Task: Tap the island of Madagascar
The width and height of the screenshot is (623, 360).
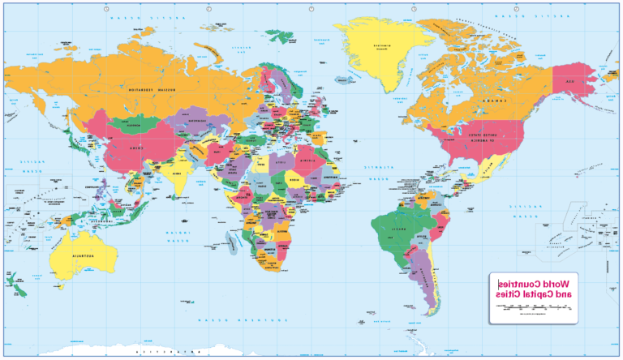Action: coord(233,241)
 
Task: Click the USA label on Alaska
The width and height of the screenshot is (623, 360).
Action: coord(565,82)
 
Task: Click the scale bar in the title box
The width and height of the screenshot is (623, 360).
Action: coord(531,309)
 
